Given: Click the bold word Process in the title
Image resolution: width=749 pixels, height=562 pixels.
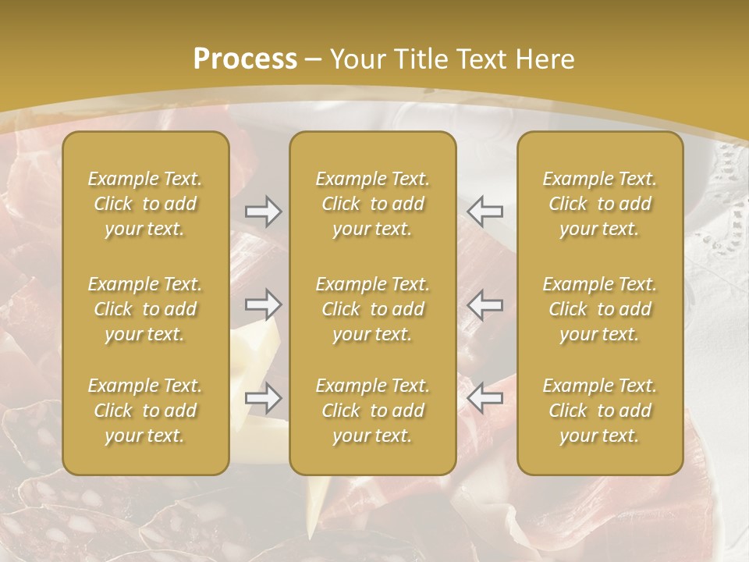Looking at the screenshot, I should [245, 59].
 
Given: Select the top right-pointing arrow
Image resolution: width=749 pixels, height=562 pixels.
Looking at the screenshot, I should [264, 211].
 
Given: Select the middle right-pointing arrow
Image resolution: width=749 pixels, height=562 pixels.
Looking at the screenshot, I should [264, 304].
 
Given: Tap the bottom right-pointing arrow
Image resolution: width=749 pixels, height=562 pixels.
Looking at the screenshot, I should [264, 399].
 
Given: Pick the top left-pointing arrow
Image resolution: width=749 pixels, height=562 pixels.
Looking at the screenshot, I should [485, 211].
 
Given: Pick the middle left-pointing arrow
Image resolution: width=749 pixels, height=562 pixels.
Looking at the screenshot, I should [485, 304].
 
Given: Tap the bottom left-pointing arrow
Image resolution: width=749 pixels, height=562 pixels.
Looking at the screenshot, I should [485, 399].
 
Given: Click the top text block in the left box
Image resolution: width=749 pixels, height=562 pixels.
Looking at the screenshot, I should [145, 204].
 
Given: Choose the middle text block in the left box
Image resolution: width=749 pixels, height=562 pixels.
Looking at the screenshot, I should [145, 309].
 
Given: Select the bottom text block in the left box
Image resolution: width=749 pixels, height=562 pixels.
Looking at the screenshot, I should [145, 411].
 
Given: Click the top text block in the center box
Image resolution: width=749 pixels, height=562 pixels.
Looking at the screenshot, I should [372, 204].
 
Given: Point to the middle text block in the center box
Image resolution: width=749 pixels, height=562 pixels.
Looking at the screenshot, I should [372, 309].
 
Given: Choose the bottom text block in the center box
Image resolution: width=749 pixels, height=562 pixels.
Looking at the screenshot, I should [372, 411].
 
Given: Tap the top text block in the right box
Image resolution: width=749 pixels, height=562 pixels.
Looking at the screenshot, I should [599, 204].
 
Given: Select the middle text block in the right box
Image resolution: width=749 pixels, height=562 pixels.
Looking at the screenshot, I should [599, 309].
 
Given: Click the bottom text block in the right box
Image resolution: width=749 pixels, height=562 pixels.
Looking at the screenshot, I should [599, 411].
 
